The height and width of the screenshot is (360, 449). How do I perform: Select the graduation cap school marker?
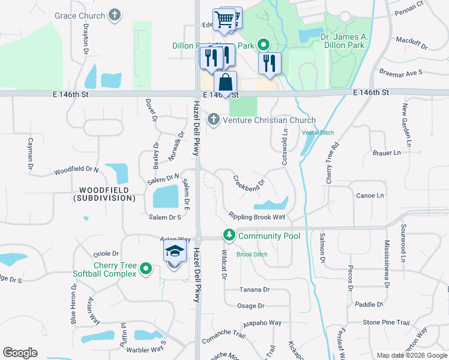[174, 251]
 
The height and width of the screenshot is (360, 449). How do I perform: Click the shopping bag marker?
[225, 83]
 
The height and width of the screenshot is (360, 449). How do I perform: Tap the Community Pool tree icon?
[228, 236]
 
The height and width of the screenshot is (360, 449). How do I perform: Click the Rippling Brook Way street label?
[256, 217]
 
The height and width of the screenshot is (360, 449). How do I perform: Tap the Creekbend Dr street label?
[249, 181]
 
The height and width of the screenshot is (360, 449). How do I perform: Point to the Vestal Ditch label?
[318, 133]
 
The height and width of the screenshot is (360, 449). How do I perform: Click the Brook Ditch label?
[252, 254]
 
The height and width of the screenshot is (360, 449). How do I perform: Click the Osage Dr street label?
[251, 306]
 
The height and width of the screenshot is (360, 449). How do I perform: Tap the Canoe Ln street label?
[370, 196]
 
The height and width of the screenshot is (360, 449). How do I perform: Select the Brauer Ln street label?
[387, 153]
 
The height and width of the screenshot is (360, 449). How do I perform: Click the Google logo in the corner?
[20, 353]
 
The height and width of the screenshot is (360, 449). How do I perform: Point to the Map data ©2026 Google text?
[411, 355]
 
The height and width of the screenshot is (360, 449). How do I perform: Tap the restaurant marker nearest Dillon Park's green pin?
[270, 64]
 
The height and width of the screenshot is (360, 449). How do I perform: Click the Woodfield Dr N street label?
[76, 170]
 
